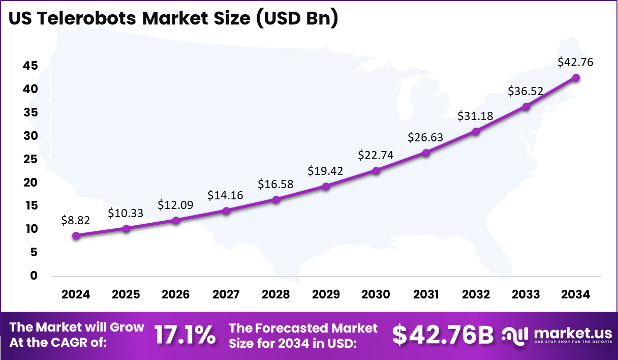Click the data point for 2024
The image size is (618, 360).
(76, 235)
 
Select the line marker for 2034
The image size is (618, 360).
(576, 77)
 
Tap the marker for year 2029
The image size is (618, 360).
(326, 186)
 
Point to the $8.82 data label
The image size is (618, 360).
(76, 220)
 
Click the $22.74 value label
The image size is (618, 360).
(376, 155)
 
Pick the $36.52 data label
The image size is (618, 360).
(526, 91)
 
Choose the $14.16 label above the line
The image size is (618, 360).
(225, 195)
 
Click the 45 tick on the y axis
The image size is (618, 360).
(30, 66)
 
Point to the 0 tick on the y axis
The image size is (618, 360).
(34, 276)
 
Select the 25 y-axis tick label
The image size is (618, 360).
(30, 159)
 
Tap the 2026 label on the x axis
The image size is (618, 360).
(175, 295)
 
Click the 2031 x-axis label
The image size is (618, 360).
(426, 295)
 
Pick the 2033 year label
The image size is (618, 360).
(526, 295)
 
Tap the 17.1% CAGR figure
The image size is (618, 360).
(184, 335)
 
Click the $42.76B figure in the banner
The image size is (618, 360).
(443, 335)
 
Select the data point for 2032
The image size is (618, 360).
(476, 131)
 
